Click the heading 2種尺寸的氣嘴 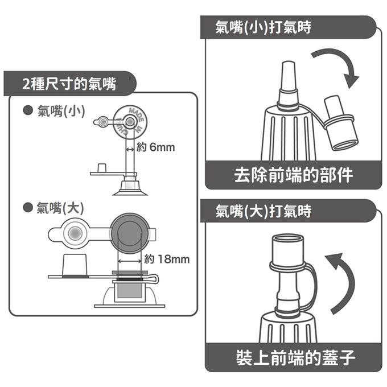[x=69, y=84]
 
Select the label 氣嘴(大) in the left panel [x=60, y=208]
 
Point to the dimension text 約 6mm [x=156, y=148]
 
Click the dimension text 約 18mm [x=167, y=260]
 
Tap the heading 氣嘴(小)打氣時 [x=263, y=27]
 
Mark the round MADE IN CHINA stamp [x=130, y=121]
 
